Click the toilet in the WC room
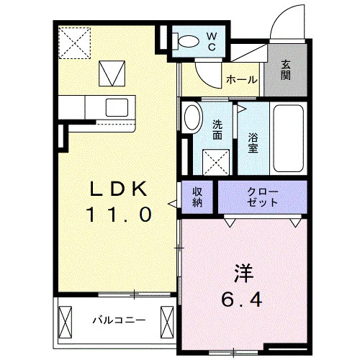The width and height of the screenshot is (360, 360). pyautogui.click(x=186, y=41)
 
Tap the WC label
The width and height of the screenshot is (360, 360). pyautogui.click(x=212, y=42)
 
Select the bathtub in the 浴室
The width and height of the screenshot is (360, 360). pyautogui.click(x=289, y=138)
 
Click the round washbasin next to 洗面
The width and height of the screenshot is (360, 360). pyautogui.click(x=192, y=117)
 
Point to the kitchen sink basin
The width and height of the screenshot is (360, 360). pyautogui.click(x=117, y=107)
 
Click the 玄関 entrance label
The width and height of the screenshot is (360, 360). pyautogui.click(x=286, y=70)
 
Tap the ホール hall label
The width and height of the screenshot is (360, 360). pyautogui.click(x=242, y=79)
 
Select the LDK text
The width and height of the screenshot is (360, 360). pyautogui.click(x=118, y=189)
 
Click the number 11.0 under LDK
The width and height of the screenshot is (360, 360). pyautogui.click(x=119, y=215)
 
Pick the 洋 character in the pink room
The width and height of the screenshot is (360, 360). pyautogui.click(x=244, y=274)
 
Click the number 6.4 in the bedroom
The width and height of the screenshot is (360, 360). pyautogui.click(x=241, y=300)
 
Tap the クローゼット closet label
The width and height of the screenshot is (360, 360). pyautogui.click(x=263, y=197)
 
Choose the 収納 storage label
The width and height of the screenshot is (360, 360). pyautogui.click(x=197, y=197)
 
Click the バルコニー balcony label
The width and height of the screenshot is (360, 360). pyautogui.click(x=119, y=320)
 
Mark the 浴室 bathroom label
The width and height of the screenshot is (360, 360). pyautogui.click(x=253, y=143)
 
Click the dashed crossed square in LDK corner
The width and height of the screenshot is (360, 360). pyautogui.click(x=75, y=43)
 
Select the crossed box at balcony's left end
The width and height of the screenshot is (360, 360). pyautogui.click(x=66, y=322)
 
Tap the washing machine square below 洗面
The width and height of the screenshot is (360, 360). pyautogui.click(x=216, y=162)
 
